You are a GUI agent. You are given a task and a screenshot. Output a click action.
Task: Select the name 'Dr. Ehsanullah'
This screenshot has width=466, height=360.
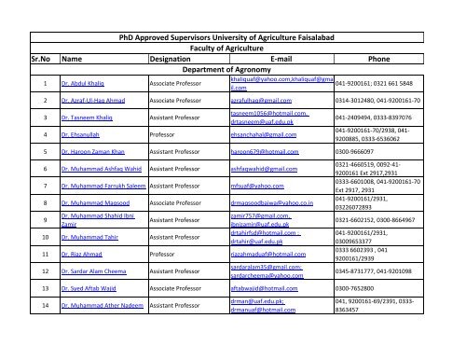point(82,135)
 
